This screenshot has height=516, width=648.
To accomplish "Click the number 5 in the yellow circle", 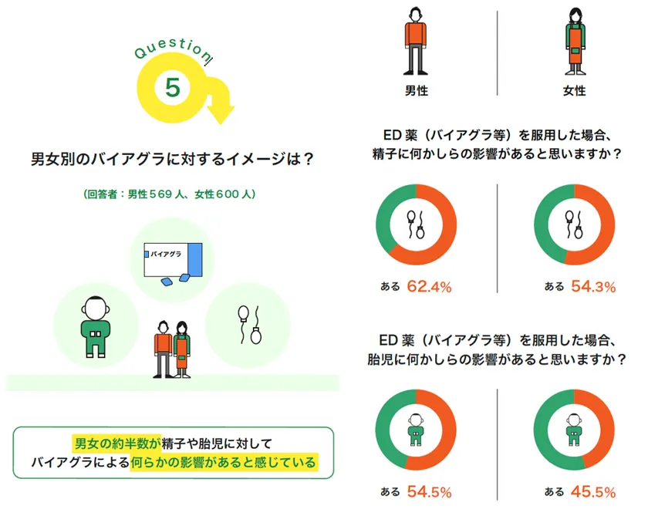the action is point(173,87).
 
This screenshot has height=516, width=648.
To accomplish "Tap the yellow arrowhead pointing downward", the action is point(221,113).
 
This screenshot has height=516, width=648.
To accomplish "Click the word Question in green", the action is point(173,49).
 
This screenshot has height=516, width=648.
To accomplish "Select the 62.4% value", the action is point(429,286).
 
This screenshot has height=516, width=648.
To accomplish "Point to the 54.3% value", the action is point(593,286).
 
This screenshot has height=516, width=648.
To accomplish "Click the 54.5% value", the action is point(429,491).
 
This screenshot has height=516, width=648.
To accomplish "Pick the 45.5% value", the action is point(593,491).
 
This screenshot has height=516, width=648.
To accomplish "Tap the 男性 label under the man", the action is point(416,90).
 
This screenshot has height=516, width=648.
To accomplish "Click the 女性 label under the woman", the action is point(575,90).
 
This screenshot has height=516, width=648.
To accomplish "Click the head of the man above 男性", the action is point(416,15).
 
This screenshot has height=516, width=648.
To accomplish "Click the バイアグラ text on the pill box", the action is point(166,254).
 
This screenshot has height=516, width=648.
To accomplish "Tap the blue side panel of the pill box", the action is point(195,259).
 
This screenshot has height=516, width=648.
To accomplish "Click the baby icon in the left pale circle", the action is point(96,326).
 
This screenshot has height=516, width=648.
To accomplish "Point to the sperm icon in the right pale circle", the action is point(249,325).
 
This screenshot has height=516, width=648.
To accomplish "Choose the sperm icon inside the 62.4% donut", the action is point(416,224).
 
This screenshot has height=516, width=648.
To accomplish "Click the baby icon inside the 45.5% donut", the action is point(574,430).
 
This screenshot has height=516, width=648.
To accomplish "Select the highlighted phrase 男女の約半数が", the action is point(116,443).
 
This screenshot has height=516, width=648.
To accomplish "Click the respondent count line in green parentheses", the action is point(170,194).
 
